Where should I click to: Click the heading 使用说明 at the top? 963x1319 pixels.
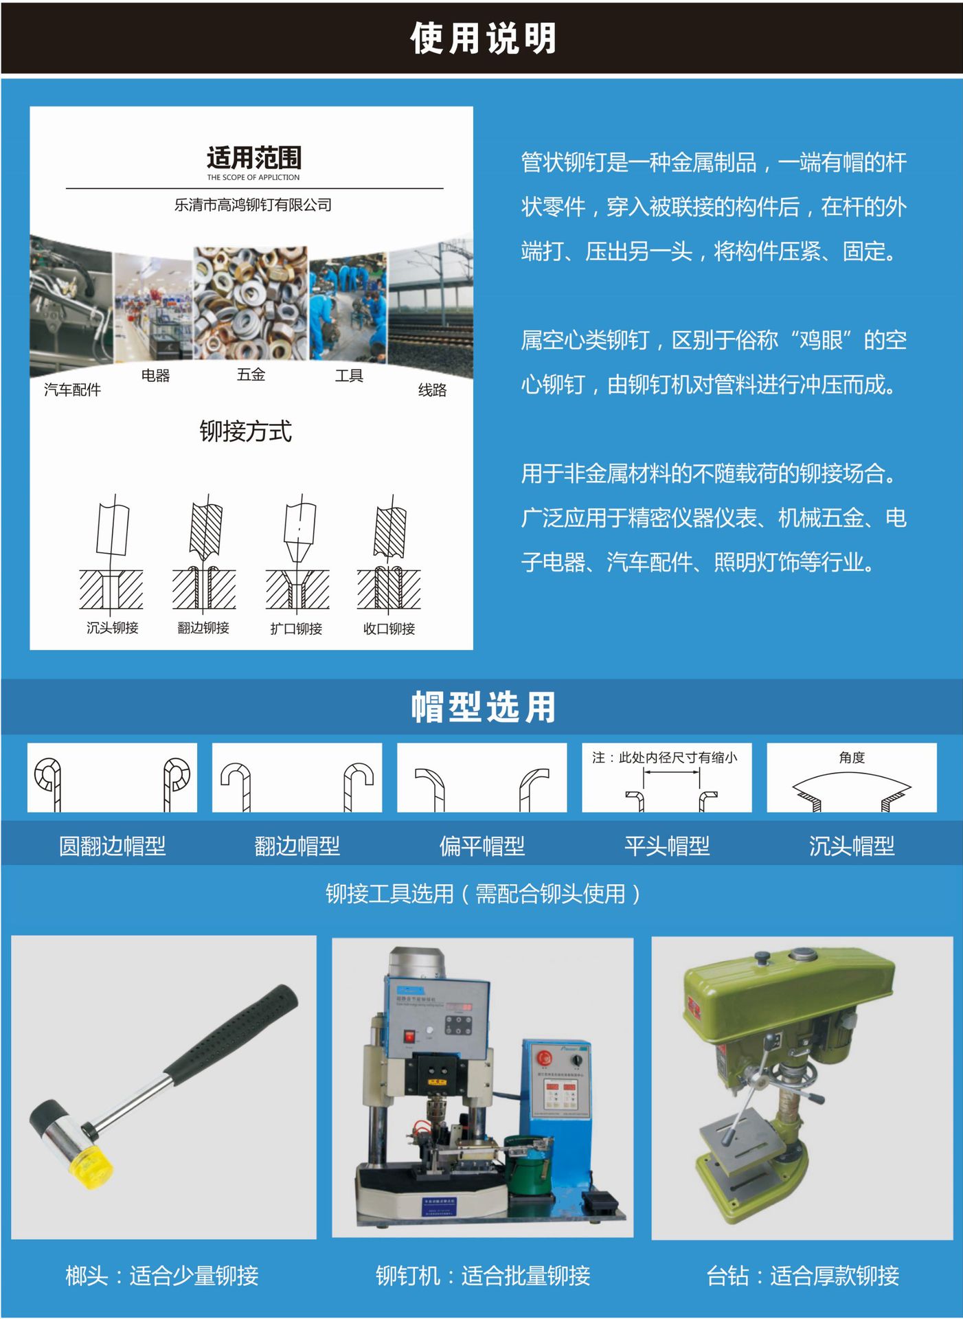(483, 38)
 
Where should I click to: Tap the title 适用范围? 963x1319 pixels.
(254, 157)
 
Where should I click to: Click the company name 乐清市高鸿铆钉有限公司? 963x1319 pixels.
(253, 205)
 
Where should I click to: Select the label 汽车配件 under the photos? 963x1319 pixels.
(72, 390)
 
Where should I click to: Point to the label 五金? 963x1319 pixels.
(251, 374)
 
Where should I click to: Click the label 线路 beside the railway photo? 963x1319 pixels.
(432, 390)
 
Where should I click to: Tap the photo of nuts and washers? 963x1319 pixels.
(249, 302)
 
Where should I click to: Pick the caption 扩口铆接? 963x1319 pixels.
(296, 629)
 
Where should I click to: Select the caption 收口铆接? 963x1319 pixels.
(389, 629)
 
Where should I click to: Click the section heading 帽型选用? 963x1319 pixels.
(483, 707)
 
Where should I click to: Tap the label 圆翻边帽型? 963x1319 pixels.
(112, 846)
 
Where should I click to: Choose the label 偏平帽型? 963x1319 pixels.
(481, 846)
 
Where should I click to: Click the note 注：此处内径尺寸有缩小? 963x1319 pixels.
(665, 758)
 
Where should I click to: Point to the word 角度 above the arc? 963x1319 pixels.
(852, 757)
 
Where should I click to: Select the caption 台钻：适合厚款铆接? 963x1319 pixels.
(802, 1276)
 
